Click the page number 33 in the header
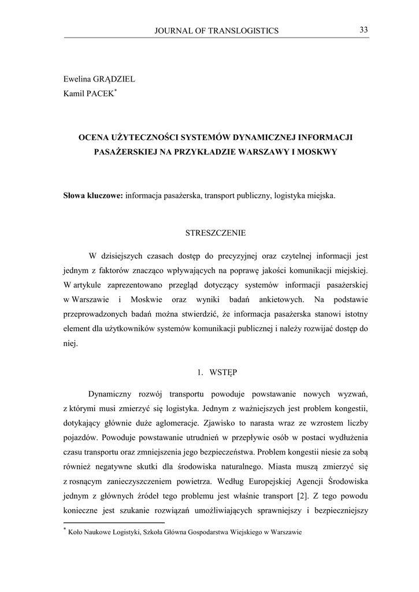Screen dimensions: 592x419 [364, 30]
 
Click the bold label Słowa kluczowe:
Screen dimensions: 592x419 [93, 196]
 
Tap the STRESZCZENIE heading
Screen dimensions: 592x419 [216, 234]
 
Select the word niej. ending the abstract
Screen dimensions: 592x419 [70, 343]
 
